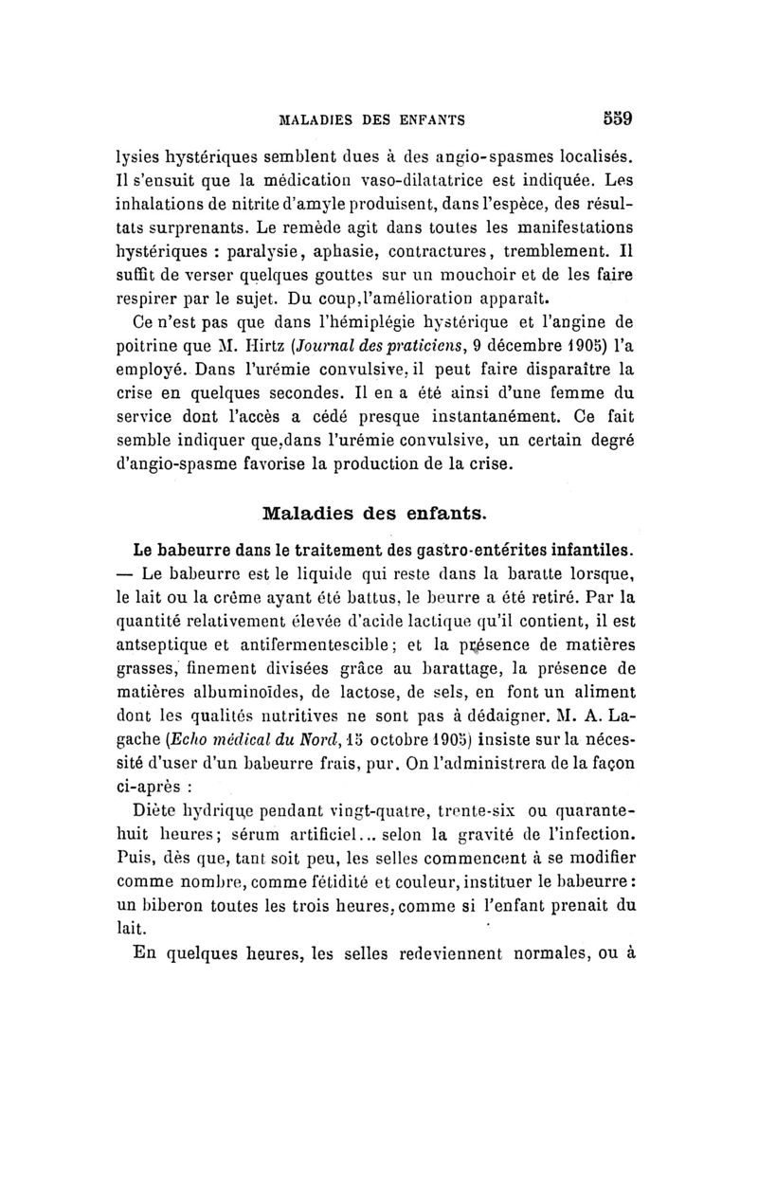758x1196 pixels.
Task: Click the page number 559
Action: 616,119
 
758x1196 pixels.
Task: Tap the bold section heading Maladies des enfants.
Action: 374,515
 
